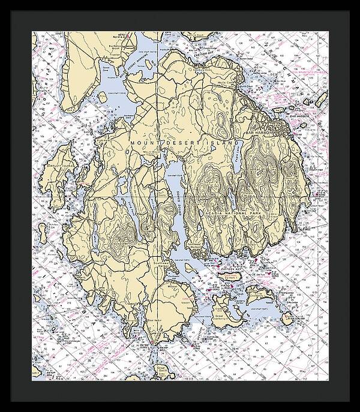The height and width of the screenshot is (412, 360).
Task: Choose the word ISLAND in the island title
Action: pos(222,141)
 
